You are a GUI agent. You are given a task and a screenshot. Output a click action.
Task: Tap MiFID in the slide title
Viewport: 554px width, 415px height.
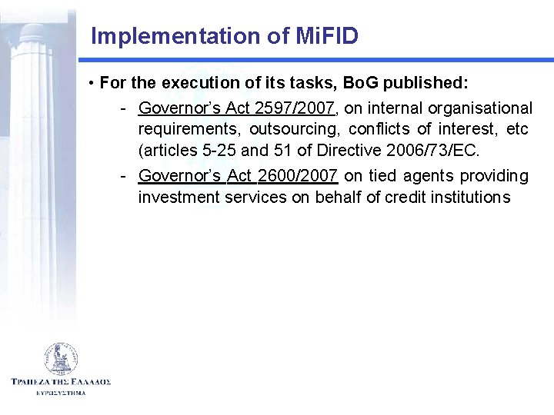click(326, 36)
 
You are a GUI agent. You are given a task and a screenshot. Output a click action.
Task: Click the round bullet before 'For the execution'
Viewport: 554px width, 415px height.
click(91, 82)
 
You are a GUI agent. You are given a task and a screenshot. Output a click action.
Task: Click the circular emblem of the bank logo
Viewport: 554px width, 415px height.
click(61, 358)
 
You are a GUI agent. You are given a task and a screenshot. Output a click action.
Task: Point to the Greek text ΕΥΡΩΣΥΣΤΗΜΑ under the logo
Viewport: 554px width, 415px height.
click(61, 393)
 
